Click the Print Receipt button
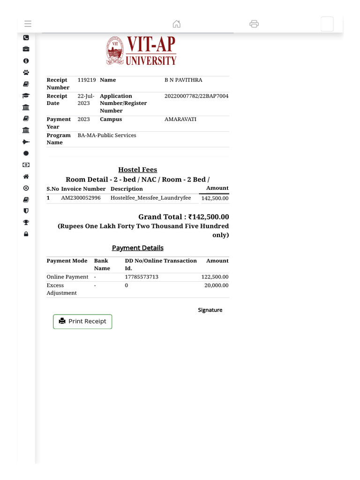pos(82,322)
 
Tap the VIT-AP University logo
pos(141,51)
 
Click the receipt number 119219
pos(87,80)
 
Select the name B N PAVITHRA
pos(183,80)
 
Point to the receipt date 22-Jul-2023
pos(86,99)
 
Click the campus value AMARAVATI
pos(180,120)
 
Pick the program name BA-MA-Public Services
pos(107,135)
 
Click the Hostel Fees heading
pos(137,170)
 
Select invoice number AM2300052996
pos(81,198)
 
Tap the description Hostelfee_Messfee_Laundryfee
pos(150,198)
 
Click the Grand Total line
pos(183,217)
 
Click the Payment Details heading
pos(137,248)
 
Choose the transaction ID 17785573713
pos(142,277)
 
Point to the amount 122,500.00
pos(215,277)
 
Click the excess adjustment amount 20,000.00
pos(216,285)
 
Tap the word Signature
pos(210,310)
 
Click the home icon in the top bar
pos(177,24)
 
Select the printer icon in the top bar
pos(254,24)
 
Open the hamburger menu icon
pos(28,24)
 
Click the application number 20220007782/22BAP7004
pos(196,96)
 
